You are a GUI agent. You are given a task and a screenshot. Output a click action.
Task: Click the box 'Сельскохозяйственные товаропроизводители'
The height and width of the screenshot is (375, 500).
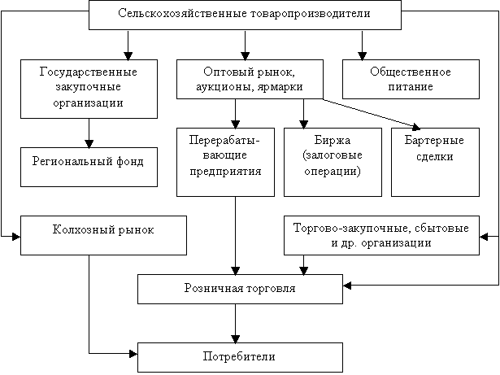click(x=245, y=15)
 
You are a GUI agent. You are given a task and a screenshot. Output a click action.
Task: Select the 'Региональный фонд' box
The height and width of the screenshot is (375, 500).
click(x=89, y=167)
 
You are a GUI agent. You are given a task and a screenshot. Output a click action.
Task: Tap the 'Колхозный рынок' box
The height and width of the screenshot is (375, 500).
click(x=103, y=236)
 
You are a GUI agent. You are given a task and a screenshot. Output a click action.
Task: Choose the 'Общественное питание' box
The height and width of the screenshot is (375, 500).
click(x=411, y=79)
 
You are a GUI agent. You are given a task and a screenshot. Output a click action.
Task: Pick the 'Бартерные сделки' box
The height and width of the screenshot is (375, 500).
click(x=435, y=162)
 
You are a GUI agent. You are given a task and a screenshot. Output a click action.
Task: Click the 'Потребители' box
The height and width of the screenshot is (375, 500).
click(x=240, y=357)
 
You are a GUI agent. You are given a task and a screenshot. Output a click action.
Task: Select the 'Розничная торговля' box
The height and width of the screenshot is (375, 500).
click(x=240, y=289)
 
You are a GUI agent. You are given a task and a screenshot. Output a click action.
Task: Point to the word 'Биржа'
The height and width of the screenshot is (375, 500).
click(x=333, y=141)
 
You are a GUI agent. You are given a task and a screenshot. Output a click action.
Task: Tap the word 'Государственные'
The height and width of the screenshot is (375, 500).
click(x=89, y=72)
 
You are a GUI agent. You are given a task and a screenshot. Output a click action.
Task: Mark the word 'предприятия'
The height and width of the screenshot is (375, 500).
click(x=225, y=172)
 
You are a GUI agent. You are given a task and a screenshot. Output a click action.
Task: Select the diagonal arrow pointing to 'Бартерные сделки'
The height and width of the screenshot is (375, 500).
click(x=372, y=114)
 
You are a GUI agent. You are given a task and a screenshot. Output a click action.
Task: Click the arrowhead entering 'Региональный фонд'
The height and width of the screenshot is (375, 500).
click(x=89, y=144)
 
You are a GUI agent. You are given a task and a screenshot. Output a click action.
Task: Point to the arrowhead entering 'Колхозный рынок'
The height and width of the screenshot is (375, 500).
click(x=16, y=237)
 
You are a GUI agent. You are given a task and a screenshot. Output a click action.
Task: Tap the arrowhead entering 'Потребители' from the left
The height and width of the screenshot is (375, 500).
click(x=133, y=353)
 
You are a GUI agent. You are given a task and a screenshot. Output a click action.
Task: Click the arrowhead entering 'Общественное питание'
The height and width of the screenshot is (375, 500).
click(x=362, y=56)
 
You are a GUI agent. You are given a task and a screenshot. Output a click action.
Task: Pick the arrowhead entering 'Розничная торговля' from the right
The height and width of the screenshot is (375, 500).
click(x=347, y=286)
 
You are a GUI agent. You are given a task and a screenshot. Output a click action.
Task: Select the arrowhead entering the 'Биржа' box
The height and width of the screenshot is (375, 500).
click(x=303, y=124)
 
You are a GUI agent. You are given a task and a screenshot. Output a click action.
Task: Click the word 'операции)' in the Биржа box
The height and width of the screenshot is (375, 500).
click(x=333, y=172)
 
